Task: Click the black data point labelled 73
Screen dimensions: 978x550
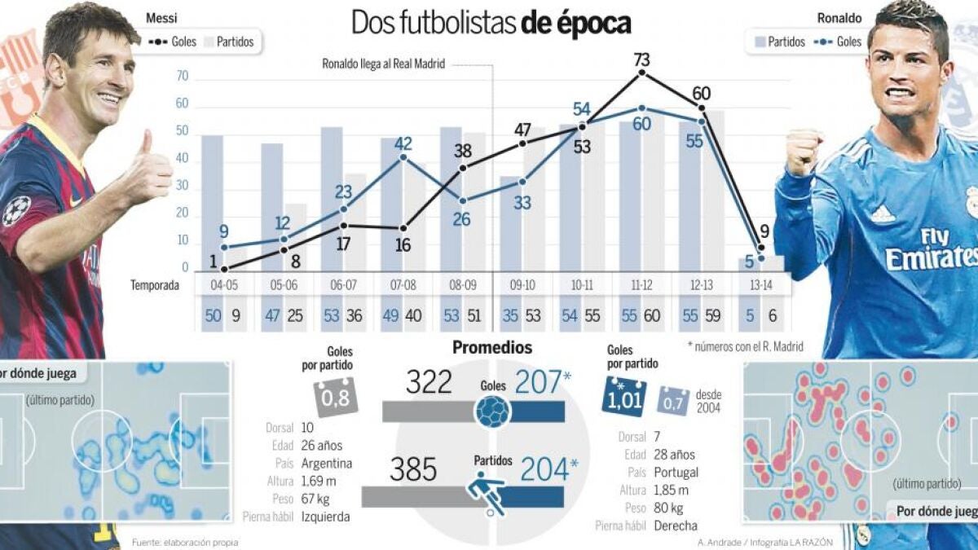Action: [x=642, y=73]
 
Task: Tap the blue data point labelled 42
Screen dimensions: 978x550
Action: [x=403, y=157]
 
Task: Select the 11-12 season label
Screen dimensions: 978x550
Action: [x=642, y=285]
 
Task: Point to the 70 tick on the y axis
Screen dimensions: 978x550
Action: [x=182, y=77]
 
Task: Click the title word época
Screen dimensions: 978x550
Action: [x=594, y=24]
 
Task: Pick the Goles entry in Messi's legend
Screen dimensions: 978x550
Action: [x=173, y=42]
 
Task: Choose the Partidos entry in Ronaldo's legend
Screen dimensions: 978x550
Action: [x=780, y=42]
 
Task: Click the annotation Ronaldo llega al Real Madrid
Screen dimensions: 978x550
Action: [x=383, y=64]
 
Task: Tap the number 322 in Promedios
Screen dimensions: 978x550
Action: [x=429, y=382]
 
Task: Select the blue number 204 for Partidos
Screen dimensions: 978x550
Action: [x=544, y=469]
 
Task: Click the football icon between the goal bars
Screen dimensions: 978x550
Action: [x=493, y=411]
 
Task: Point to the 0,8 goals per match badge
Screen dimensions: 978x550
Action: [x=335, y=398]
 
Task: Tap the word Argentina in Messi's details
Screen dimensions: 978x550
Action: [x=327, y=463]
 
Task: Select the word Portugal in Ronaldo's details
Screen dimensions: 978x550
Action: [x=676, y=473]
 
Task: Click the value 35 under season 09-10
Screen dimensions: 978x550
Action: [x=510, y=315]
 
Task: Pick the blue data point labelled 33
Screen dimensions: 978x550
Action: [x=522, y=182]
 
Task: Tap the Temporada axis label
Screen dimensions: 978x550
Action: [x=155, y=285]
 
